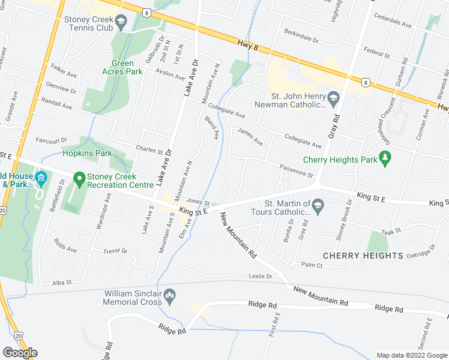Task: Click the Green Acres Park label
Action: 127,67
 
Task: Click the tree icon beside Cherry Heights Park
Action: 386,160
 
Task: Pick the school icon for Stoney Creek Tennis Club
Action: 121,23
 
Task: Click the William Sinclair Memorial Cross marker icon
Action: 170,295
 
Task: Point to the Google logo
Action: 20,353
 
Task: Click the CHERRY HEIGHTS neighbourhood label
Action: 363,256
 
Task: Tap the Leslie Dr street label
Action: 261,277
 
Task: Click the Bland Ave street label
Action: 211,128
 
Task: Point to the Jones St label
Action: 197,202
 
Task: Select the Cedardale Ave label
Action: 393,26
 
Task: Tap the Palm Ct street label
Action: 312,265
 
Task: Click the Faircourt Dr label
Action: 50,140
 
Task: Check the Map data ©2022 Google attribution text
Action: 412,355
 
